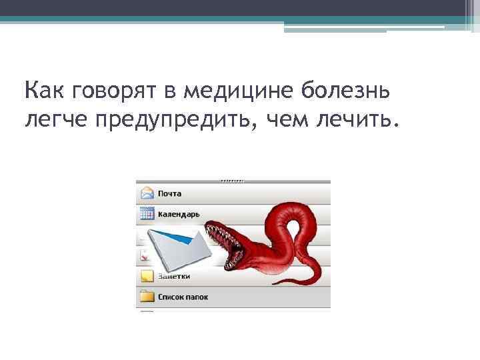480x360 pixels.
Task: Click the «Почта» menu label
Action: point(169,194)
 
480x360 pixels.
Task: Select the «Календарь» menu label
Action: point(179,215)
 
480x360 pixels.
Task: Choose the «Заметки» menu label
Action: point(173,276)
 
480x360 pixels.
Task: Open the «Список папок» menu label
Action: point(183,297)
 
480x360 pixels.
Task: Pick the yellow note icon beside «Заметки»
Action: point(147,276)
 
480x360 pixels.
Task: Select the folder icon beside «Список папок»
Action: point(147,297)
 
